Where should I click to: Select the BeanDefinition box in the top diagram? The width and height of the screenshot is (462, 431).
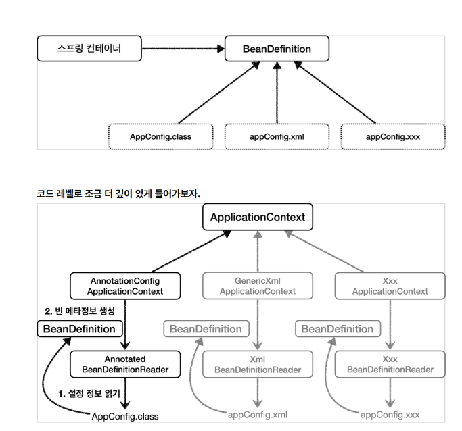(x=277, y=49)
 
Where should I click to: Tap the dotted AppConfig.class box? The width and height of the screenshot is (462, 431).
(x=160, y=136)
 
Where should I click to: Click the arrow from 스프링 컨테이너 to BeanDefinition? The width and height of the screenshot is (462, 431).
(x=183, y=49)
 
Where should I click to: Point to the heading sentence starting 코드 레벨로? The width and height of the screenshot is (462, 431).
(x=118, y=193)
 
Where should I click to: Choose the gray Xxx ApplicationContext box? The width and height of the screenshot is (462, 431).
(x=390, y=284)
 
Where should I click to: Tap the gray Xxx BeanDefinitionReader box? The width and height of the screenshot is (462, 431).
(x=390, y=363)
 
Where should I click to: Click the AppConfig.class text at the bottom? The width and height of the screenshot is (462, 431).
(x=125, y=416)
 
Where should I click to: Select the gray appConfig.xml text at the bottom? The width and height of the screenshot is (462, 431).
(x=257, y=415)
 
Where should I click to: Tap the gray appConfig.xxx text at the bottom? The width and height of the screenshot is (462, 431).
(x=390, y=415)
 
